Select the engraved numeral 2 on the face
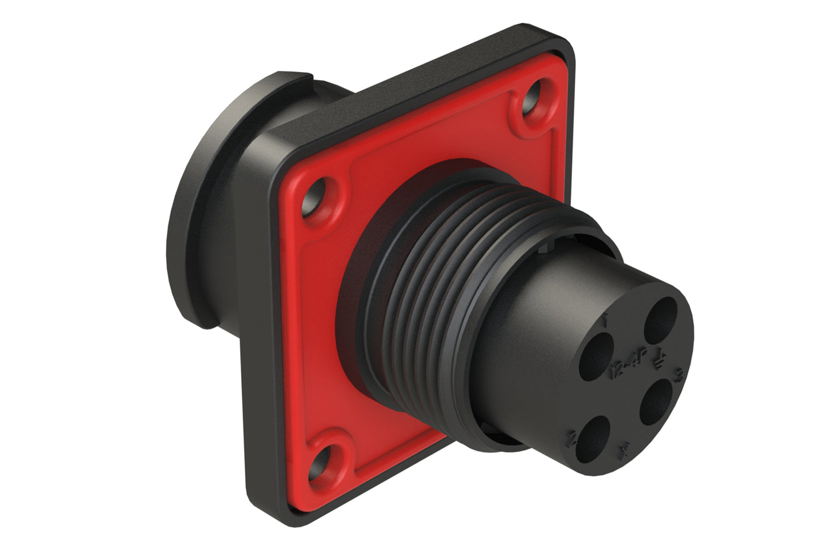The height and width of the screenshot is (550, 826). [x=569, y=439]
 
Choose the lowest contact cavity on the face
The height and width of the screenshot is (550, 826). [x=591, y=438]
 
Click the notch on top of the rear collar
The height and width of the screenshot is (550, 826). [x=312, y=76]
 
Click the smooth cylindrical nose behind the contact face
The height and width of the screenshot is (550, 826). [x=526, y=320]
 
